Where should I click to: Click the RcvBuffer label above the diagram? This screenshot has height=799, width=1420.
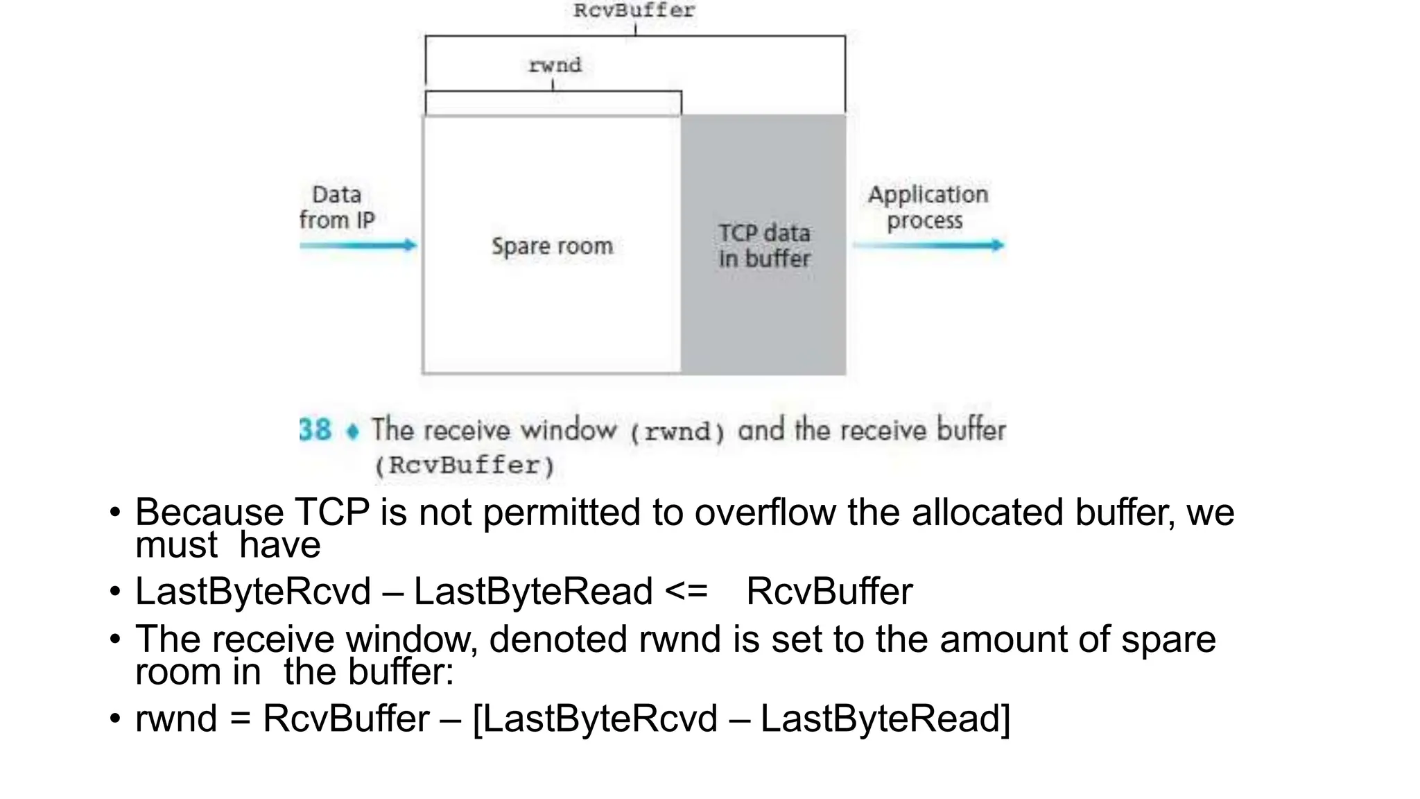[x=634, y=10]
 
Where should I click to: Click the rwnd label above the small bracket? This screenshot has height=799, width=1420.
[x=554, y=65]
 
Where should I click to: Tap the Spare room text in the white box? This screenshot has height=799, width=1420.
[x=552, y=246]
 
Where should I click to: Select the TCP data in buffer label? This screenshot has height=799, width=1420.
[x=764, y=246]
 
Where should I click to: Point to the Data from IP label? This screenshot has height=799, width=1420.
[x=337, y=207]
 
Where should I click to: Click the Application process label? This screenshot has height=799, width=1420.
[x=927, y=207]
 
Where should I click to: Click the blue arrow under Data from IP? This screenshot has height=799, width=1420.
[x=358, y=245]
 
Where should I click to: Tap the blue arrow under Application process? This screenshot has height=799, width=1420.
[x=929, y=245]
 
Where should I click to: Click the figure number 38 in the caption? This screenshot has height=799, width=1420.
[x=315, y=430]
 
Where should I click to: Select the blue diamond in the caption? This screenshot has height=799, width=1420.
[x=353, y=432]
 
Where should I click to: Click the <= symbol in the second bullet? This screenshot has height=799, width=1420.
[x=686, y=592]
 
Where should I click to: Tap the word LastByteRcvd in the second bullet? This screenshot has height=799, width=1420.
[x=253, y=592]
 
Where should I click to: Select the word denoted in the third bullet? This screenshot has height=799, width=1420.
[x=557, y=639]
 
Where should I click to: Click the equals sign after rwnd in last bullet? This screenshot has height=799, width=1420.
[x=240, y=719]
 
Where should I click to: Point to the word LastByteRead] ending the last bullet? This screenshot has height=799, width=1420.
[x=885, y=719]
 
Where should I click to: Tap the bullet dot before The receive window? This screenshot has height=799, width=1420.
[x=115, y=639]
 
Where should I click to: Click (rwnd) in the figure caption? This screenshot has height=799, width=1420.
[x=677, y=431]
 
